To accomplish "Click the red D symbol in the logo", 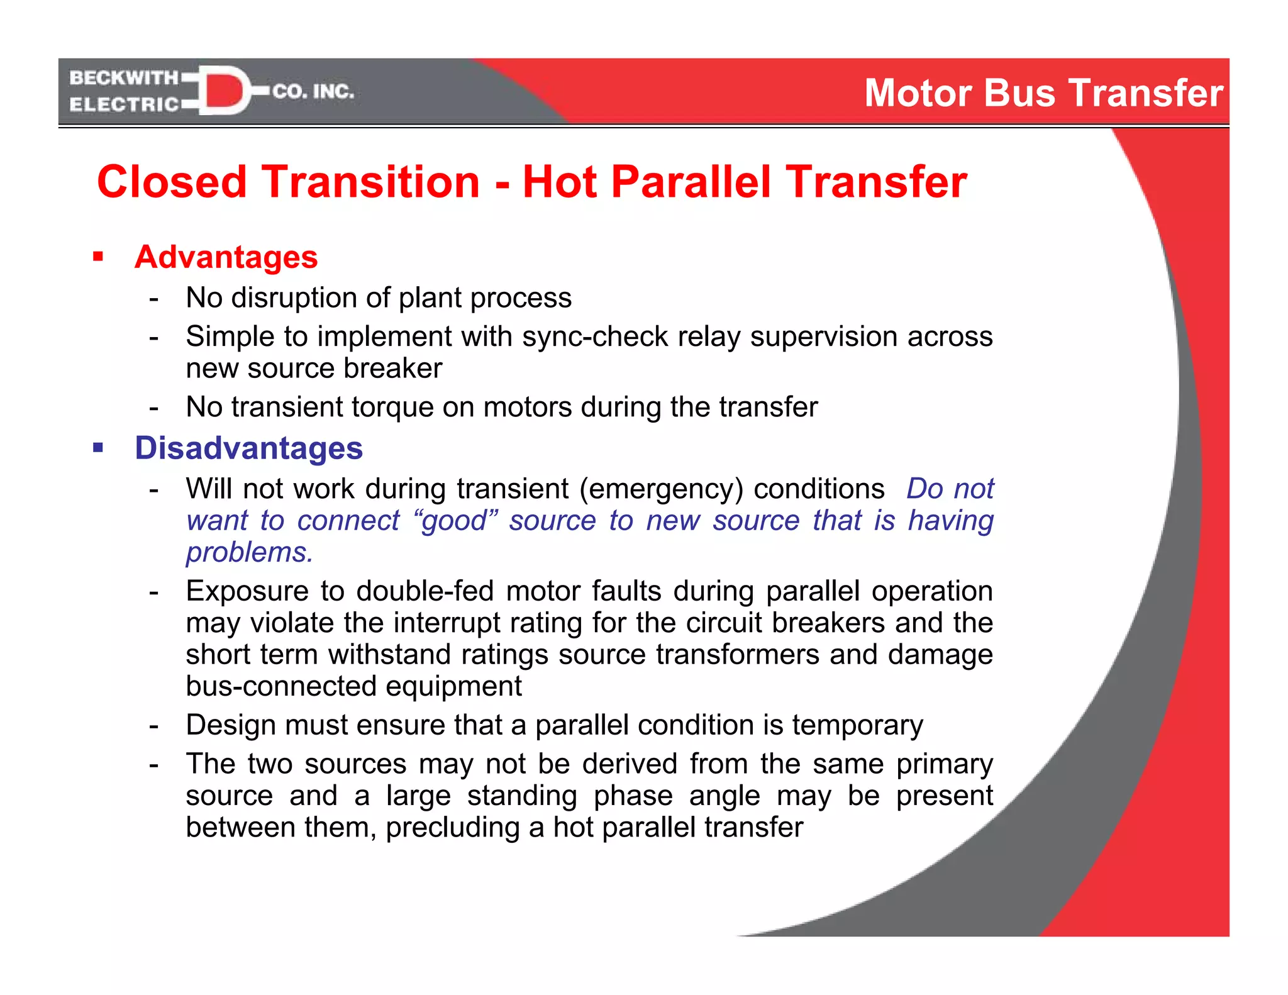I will [223, 91].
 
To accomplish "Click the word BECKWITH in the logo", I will [124, 78].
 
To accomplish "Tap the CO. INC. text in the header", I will [313, 92].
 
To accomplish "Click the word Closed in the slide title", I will [172, 182].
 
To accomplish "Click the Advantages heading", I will [226, 257].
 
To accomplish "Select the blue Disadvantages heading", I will [248, 448].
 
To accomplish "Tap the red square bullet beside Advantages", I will [97, 257].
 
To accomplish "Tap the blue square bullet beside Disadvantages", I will [97, 448].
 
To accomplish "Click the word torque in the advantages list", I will [392, 407].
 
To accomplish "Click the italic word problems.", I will [249, 552].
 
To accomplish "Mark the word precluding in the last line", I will [452, 827].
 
